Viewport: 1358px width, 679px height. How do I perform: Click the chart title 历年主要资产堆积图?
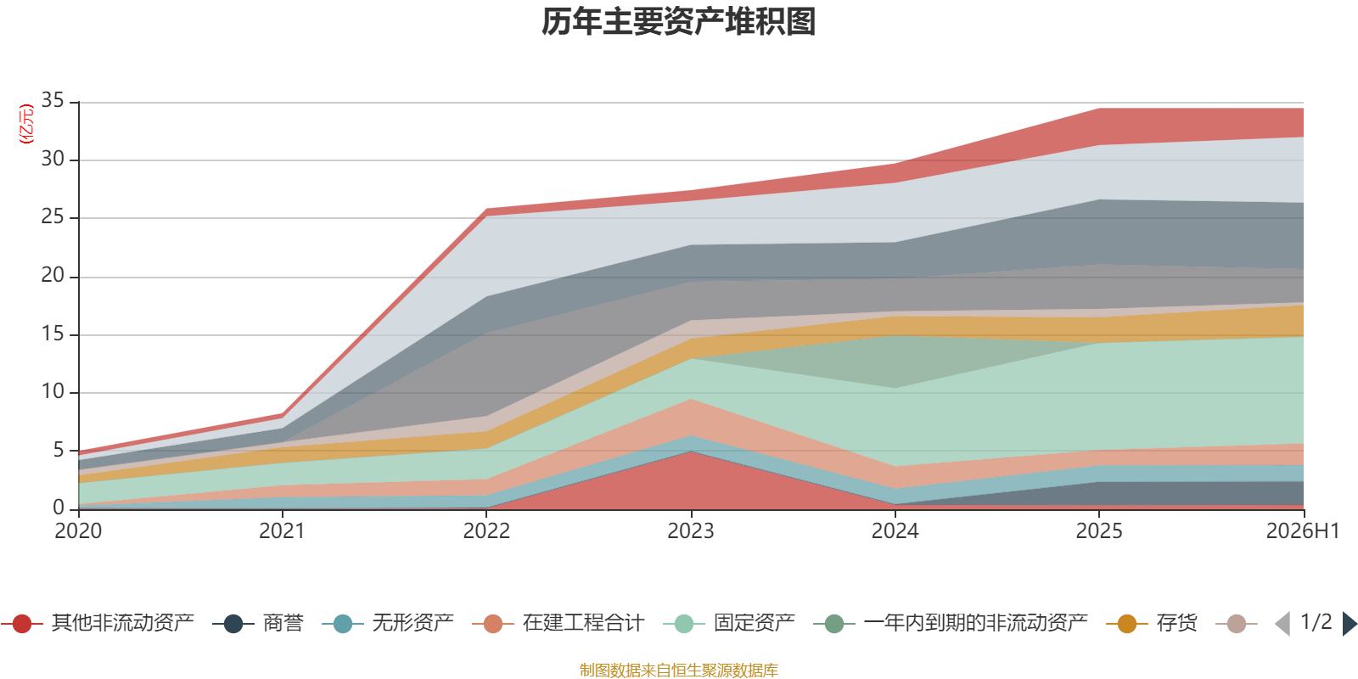pyautogui.click(x=678, y=22)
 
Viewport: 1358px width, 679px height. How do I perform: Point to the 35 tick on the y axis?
pyautogui.click(x=53, y=100)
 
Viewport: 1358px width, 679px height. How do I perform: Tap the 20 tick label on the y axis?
pyautogui.click(x=53, y=275)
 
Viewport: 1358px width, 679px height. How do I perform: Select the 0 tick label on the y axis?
pyautogui.click(x=59, y=507)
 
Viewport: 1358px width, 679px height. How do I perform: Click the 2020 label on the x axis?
pyautogui.click(x=78, y=531)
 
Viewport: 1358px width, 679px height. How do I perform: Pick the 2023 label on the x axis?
pyautogui.click(x=691, y=531)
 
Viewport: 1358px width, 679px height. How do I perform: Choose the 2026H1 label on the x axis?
pyautogui.click(x=1302, y=531)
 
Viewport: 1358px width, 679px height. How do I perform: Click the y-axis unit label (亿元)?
pyautogui.click(x=26, y=124)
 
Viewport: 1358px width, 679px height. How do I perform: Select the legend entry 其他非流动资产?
pyautogui.click(x=98, y=623)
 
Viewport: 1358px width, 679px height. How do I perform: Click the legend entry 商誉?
pyautogui.click(x=258, y=623)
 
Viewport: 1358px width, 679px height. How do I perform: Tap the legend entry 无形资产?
pyautogui.click(x=388, y=623)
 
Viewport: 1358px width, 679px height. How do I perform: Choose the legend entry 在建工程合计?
pyautogui.click(x=558, y=623)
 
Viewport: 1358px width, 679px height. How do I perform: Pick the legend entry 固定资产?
pyautogui.click(x=729, y=623)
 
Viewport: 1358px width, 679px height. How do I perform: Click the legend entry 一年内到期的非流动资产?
pyautogui.click(x=951, y=623)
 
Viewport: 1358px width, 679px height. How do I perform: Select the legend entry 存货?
pyautogui.click(x=1152, y=623)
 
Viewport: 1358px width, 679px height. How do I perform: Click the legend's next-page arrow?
pyautogui.click(x=1350, y=623)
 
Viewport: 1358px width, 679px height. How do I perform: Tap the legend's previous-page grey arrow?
pyautogui.click(x=1282, y=623)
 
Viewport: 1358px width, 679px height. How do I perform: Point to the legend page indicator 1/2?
pyautogui.click(x=1316, y=622)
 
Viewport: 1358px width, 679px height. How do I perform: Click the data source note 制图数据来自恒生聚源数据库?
pyautogui.click(x=678, y=670)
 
